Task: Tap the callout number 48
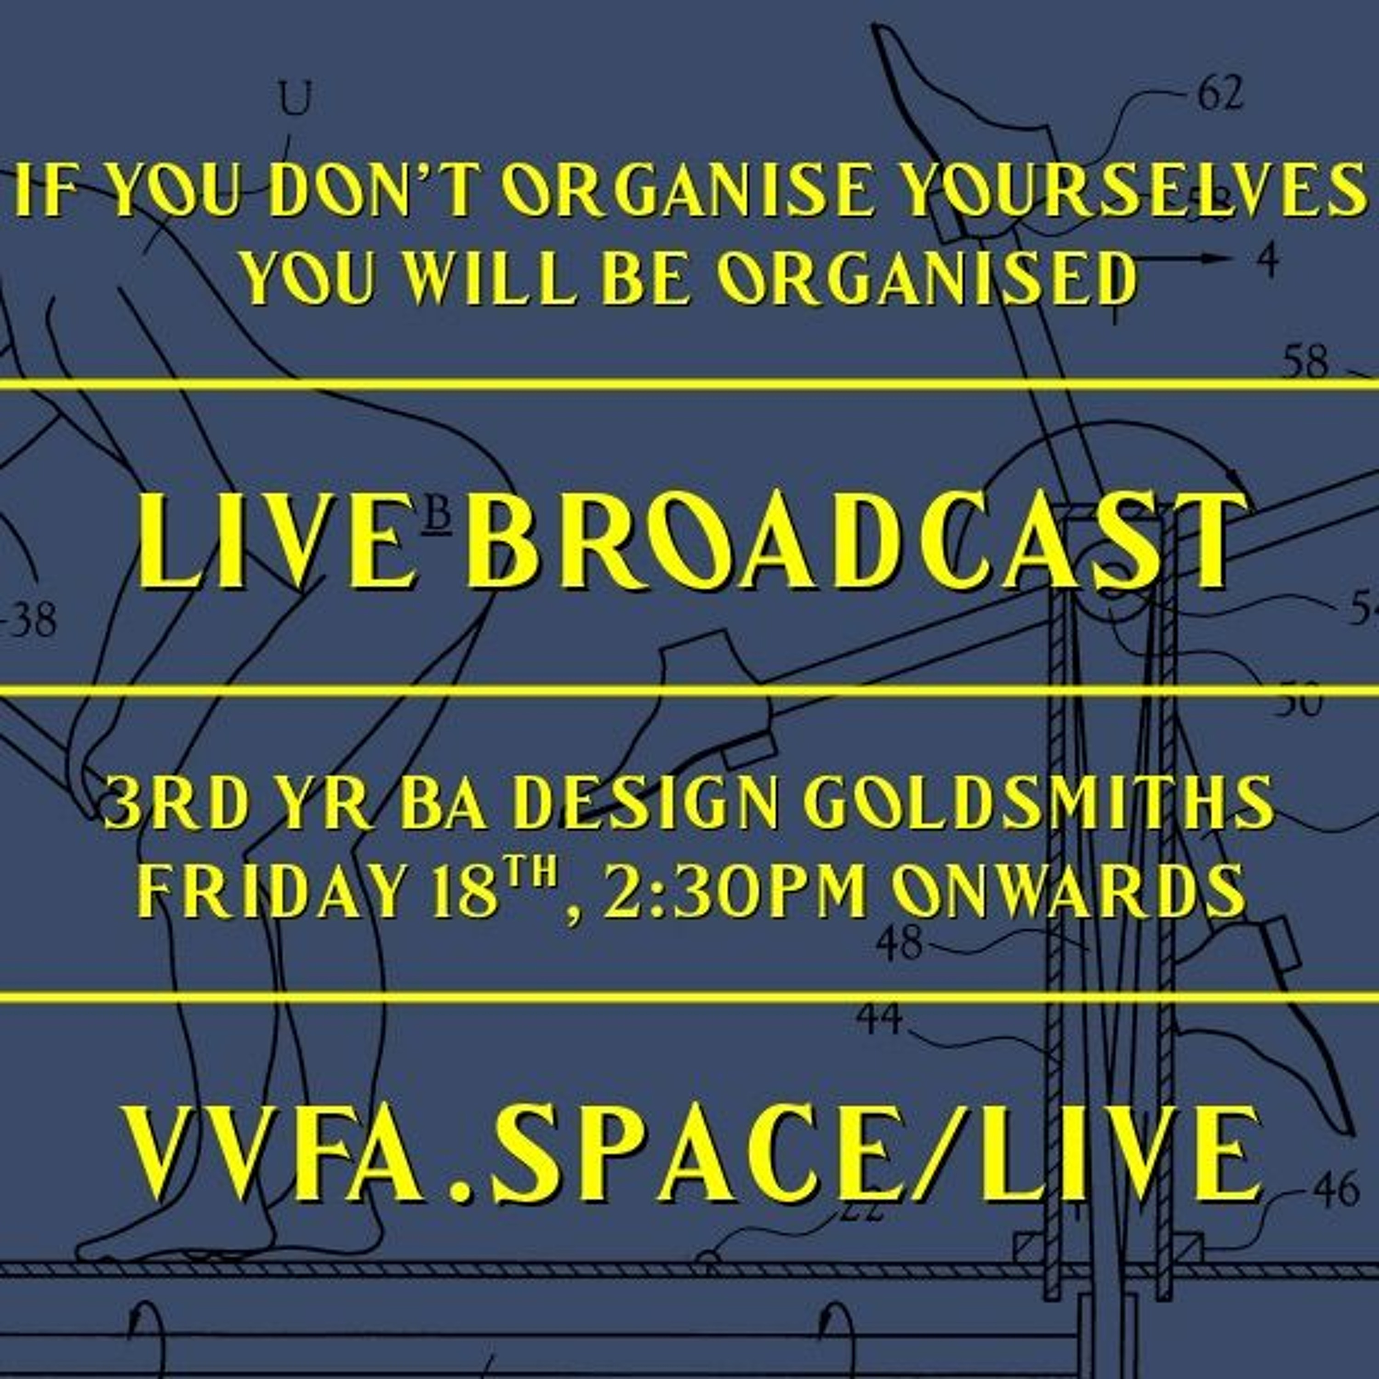(x=900, y=945)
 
